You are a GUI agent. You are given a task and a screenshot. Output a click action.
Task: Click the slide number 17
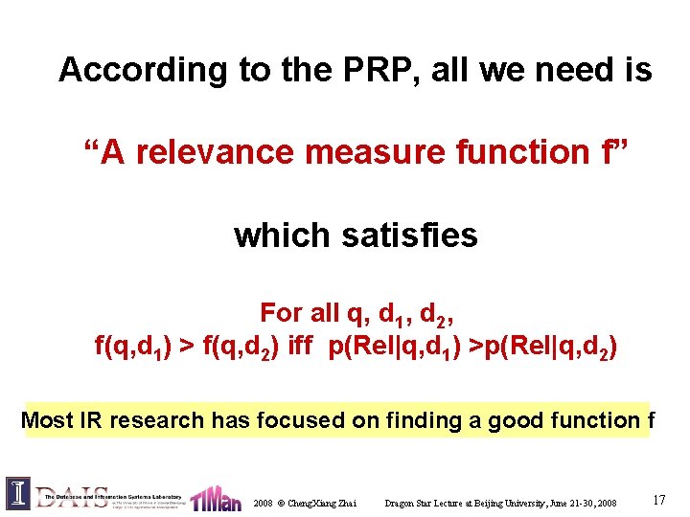point(658,499)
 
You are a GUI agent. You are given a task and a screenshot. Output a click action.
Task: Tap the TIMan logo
point(217,498)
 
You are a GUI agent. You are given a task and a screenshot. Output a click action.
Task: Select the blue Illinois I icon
point(18,493)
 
